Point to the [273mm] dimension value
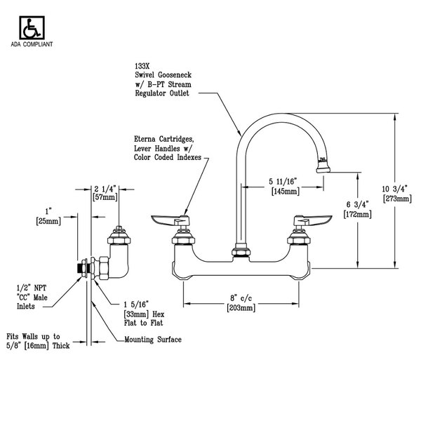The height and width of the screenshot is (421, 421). click(392, 199)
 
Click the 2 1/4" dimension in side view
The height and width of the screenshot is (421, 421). click(105, 189)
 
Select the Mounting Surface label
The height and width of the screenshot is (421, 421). click(152, 340)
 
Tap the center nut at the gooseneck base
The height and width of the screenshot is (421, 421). click(240, 250)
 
